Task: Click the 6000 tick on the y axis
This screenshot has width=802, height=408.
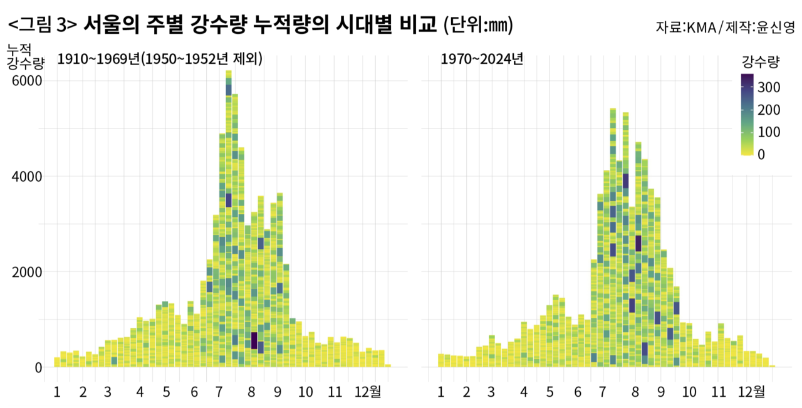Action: click(x=24, y=81)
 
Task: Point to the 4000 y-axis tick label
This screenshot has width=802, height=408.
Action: click(x=24, y=177)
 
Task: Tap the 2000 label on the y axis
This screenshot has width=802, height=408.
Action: click(x=24, y=272)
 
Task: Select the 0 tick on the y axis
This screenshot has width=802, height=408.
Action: click(x=38, y=367)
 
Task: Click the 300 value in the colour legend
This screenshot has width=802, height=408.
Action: click(x=768, y=87)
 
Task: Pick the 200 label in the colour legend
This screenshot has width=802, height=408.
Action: click(x=768, y=110)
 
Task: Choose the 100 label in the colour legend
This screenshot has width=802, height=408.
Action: click(x=768, y=132)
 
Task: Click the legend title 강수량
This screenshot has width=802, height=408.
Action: click(x=760, y=62)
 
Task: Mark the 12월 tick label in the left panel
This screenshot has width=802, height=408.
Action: click(x=367, y=392)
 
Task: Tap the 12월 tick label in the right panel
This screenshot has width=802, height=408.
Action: click(x=751, y=392)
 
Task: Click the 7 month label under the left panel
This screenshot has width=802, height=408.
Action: click(x=219, y=392)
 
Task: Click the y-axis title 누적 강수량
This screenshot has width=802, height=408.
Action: click(x=25, y=55)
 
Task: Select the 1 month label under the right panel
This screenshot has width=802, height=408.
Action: click(x=440, y=392)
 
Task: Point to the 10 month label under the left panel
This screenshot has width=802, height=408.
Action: click(x=305, y=392)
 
